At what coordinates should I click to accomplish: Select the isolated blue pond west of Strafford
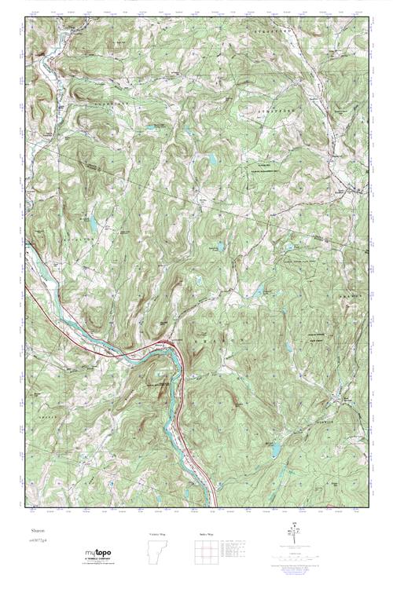pyautogui.click(x=211, y=160)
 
